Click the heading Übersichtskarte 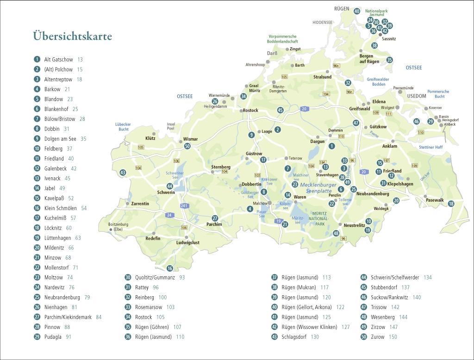pos(72,36)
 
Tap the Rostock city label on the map pos(250,111)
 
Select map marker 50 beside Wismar pos(187,146)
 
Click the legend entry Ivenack pos(52,178)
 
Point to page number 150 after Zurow pos(393,337)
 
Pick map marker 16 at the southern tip pos(170,268)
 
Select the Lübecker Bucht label pos(123,127)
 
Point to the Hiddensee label pos(322,22)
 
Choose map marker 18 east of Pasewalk pos(451,204)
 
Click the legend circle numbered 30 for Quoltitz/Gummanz pos(128,278)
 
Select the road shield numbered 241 pos(185,205)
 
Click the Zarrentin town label pos(140,204)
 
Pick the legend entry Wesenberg pos(382,317)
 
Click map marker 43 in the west pos(123,173)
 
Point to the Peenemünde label pos(403,88)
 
